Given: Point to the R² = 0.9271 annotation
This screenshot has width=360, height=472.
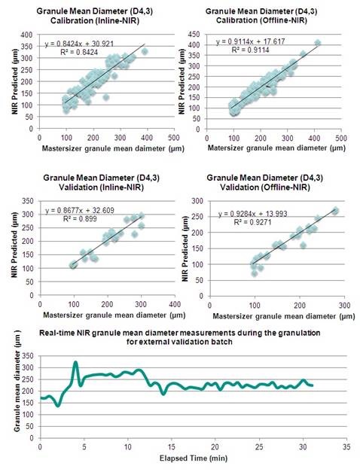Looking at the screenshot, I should pos(242,223).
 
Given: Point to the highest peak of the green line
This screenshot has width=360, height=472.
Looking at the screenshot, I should pos(75,363).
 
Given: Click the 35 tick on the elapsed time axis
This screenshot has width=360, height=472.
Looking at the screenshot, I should pos(344,446).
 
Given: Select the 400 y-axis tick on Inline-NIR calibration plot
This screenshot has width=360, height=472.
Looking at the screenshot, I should pos(29,35).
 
